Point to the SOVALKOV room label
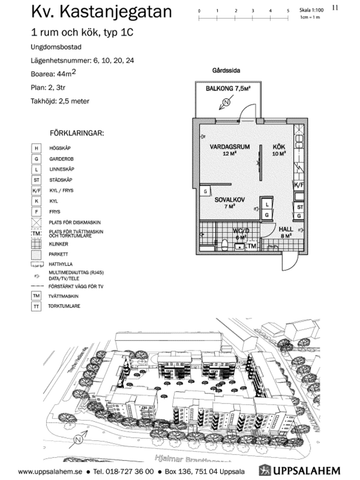[232, 201]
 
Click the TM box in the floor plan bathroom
[253, 245]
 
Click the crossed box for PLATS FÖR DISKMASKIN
[37, 222]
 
